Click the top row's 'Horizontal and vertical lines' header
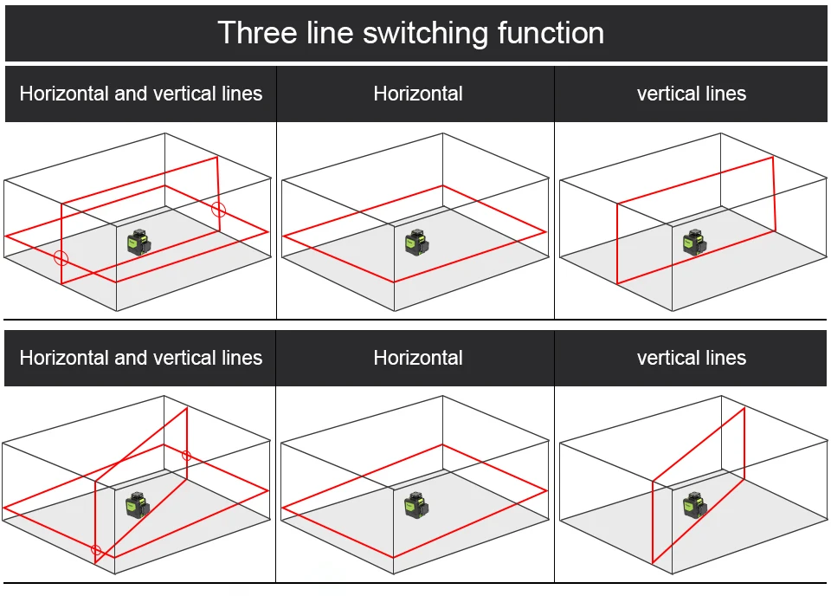pyautogui.click(x=140, y=94)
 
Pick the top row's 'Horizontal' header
pyautogui.click(x=418, y=94)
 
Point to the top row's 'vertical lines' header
pyautogui.click(x=692, y=94)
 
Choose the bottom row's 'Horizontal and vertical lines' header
pyautogui.click(x=140, y=358)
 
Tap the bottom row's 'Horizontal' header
pyautogui.click(x=418, y=358)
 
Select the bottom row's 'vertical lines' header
pyautogui.click(x=692, y=358)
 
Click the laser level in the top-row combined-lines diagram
pyautogui.click(x=138, y=243)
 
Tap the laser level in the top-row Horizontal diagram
pyautogui.click(x=416, y=243)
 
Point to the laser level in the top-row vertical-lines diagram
pyautogui.click(x=694, y=243)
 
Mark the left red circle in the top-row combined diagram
pyautogui.click(x=61, y=257)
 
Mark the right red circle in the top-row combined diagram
pyautogui.click(x=218, y=209)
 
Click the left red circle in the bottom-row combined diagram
pyautogui.click(x=96, y=550)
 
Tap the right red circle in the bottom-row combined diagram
pyautogui.click(x=186, y=455)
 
